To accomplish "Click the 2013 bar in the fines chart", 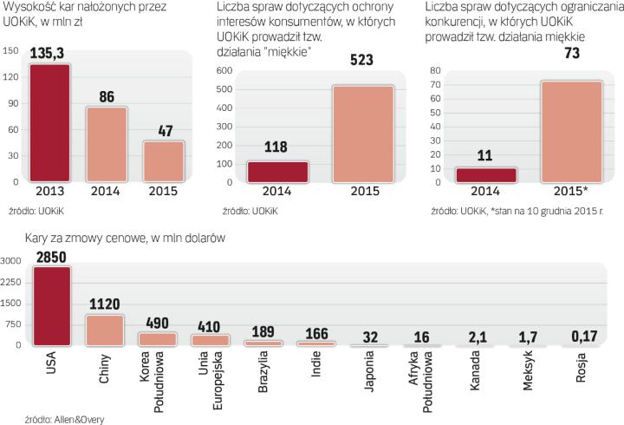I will click(x=50, y=121).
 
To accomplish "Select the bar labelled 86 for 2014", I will click(x=106, y=143).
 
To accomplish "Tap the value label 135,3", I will click(x=49, y=54).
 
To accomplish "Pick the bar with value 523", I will click(x=363, y=134).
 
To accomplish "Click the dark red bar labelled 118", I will click(x=277, y=172).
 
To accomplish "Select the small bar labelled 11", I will click(x=486, y=174).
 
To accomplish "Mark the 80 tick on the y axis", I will click(x=436, y=70).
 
